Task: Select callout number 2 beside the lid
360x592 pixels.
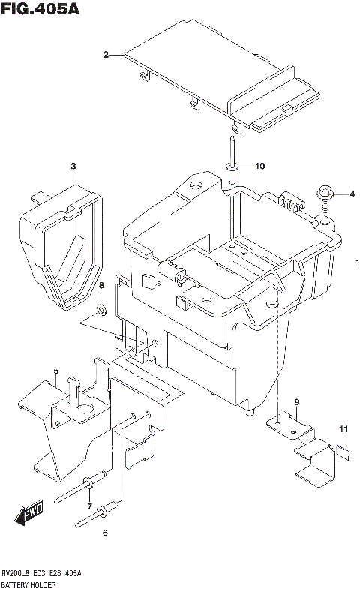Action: pyautogui.click(x=106, y=54)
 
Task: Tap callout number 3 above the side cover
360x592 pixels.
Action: pyautogui.click(x=73, y=166)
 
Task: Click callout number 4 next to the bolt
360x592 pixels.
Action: pyautogui.click(x=351, y=195)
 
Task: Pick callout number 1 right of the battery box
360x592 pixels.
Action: pyautogui.click(x=358, y=262)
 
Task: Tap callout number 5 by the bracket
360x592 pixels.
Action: pyautogui.click(x=55, y=371)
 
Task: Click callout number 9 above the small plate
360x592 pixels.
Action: pyautogui.click(x=296, y=403)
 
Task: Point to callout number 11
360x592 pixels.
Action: pyautogui.click(x=343, y=428)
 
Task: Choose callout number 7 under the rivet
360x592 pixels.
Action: pyautogui.click(x=89, y=507)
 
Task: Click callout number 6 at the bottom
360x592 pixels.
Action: pyautogui.click(x=104, y=533)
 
